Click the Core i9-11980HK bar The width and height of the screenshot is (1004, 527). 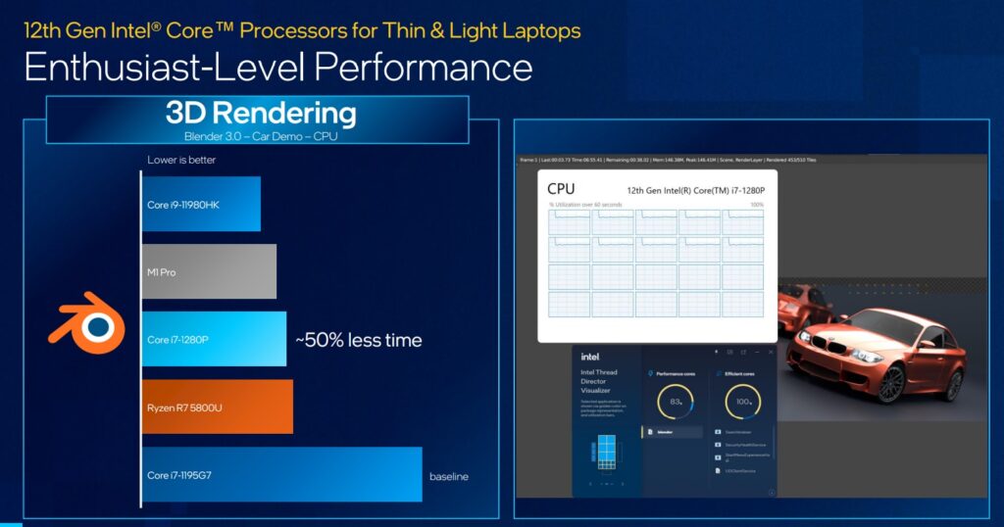pyautogui.click(x=201, y=204)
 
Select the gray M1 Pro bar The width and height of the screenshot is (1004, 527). pyautogui.click(x=209, y=271)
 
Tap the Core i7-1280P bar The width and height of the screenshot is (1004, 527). pyautogui.click(x=214, y=339)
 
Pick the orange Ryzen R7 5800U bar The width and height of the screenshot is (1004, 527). pyautogui.click(x=218, y=407)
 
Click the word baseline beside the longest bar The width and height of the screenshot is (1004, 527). pyautogui.click(x=449, y=477)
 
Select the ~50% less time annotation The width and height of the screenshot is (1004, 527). pyautogui.click(x=359, y=341)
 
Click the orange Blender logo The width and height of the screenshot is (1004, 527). pyautogui.click(x=87, y=323)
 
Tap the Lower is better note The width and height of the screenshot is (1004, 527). pyautogui.click(x=181, y=160)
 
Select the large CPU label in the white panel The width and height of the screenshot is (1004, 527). pyautogui.click(x=561, y=188)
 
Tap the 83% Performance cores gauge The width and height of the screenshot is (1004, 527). pyautogui.click(x=676, y=402)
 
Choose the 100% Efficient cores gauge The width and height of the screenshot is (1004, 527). pyautogui.click(x=742, y=402)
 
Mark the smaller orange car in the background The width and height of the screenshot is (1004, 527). pyautogui.click(x=801, y=308)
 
